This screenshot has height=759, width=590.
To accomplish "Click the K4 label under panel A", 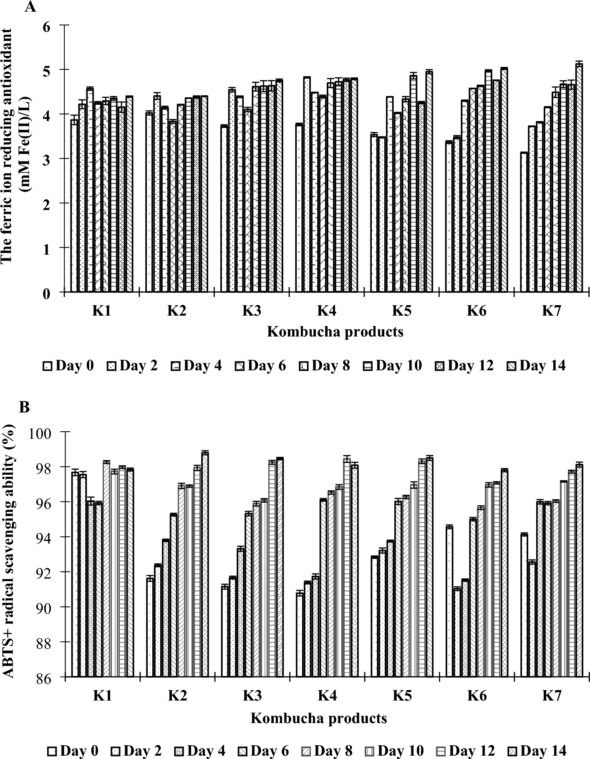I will [327, 311].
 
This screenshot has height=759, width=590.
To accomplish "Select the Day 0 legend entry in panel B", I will [73, 751].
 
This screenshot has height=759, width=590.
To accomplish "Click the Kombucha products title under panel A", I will [335, 332].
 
